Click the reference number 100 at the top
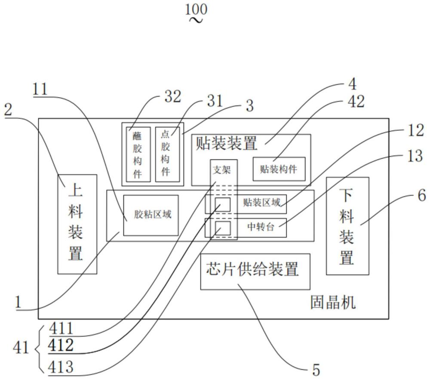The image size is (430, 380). tap(197, 9)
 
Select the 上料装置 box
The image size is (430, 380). tap(77, 224)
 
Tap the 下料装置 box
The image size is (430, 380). tap(347, 226)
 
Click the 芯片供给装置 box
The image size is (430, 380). tap(255, 271)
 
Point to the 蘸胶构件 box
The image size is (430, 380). tap(138, 154)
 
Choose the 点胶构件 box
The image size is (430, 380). tap(166, 154)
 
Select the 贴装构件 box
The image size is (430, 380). tap(279, 169)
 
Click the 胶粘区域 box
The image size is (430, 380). tap(151, 214)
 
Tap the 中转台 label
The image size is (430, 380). tap(261, 227)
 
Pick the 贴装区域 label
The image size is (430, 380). tap(261, 202)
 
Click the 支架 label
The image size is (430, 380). tap(222, 170)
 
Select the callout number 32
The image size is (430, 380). tap(172, 97)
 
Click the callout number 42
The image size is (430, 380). tap(356, 102)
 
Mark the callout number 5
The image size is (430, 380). tap(316, 370)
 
